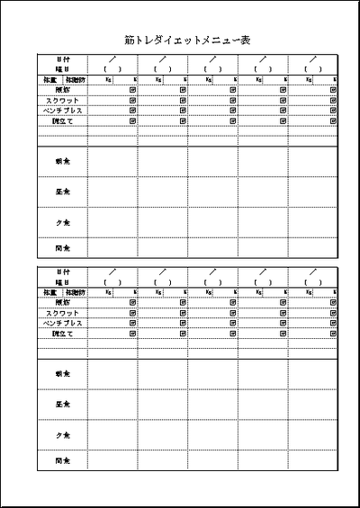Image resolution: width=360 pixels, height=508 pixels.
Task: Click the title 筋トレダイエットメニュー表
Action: pos(186,40)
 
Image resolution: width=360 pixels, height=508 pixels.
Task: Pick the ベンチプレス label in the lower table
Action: pos(62,323)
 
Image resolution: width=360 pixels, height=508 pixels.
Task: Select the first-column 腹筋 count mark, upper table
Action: pos(133,89)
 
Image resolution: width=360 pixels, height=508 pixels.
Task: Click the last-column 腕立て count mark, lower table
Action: pos(334,333)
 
